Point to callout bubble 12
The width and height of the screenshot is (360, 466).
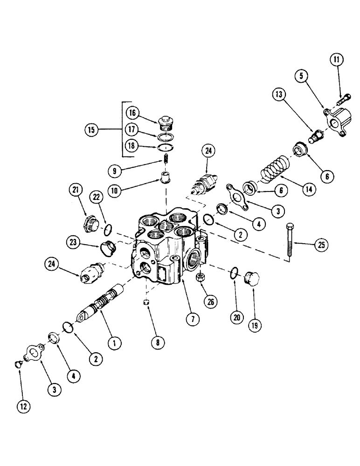pos(24,406)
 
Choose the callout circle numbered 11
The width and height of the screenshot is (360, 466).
pos(338,60)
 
